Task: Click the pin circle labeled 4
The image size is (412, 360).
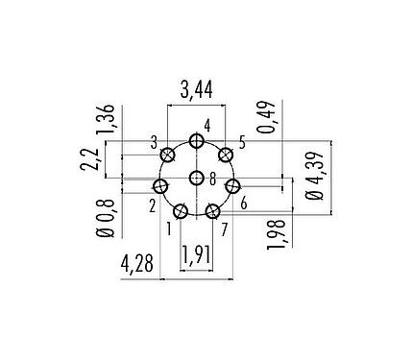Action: [197, 141]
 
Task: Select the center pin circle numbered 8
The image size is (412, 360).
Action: [197, 178]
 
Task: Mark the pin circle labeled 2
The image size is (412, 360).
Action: [161, 186]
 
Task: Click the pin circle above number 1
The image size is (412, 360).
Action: [181, 210]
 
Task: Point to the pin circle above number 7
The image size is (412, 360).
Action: [213, 210]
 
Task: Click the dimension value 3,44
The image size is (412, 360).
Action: [196, 90]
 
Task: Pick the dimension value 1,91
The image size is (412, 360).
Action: [197, 256]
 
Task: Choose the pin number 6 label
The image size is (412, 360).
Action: [245, 204]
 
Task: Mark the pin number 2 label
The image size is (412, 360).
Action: [152, 204]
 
